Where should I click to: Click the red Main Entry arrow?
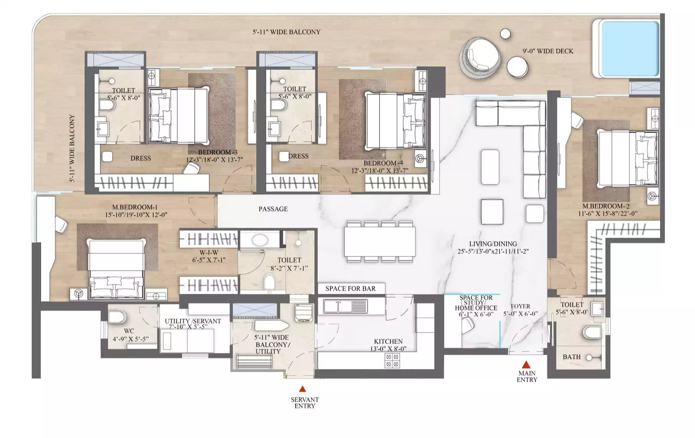[526, 364]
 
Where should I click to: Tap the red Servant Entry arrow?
[302, 389]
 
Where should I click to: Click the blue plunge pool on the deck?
[629, 49]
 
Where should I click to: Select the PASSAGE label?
[273, 209]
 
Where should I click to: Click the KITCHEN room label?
[388, 341]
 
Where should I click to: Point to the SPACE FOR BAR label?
[350, 289]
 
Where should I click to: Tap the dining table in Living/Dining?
[380, 241]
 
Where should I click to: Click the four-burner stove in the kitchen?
[392, 360]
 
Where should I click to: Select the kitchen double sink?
[345, 306]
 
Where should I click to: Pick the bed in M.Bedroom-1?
[117, 269]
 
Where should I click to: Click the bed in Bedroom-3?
[179, 115]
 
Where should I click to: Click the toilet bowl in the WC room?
[117, 317]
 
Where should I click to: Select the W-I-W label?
[209, 253]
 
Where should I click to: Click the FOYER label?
[520, 307]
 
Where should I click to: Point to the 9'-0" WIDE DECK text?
[548, 51]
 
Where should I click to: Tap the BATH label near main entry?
[572, 357]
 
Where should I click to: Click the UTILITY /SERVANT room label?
[193, 321]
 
